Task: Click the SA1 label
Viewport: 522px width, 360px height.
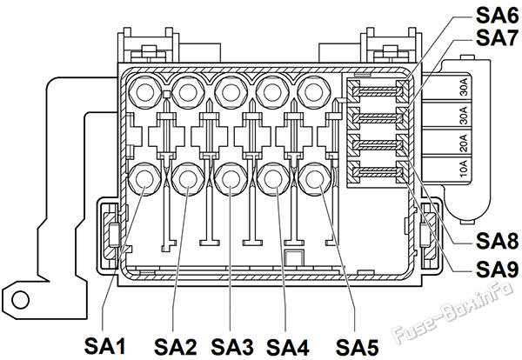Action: click(x=105, y=347)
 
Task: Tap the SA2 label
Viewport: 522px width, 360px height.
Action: click(x=175, y=347)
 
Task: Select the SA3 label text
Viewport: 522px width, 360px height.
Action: click(x=232, y=347)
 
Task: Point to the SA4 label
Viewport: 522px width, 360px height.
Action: click(x=288, y=347)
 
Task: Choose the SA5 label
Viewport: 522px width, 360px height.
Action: click(x=358, y=347)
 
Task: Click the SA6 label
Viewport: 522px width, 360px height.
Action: click(x=498, y=15)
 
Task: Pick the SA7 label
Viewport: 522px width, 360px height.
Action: click(x=498, y=37)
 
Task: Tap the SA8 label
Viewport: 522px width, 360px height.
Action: click(x=498, y=241)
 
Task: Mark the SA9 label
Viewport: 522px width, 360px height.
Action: click(x=498, y=270)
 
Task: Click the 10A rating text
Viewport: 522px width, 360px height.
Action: click(x=464, y=169)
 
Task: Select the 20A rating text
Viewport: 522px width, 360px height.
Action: click(x=464, y=143)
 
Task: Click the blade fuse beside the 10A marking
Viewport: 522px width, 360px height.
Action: click(x=377, y=171)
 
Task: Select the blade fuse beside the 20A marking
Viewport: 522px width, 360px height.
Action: click(x=377, y=144)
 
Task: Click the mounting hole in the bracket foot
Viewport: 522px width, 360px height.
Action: click(x=21, y=299)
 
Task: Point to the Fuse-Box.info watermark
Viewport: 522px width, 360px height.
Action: click(x=452, y=312)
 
